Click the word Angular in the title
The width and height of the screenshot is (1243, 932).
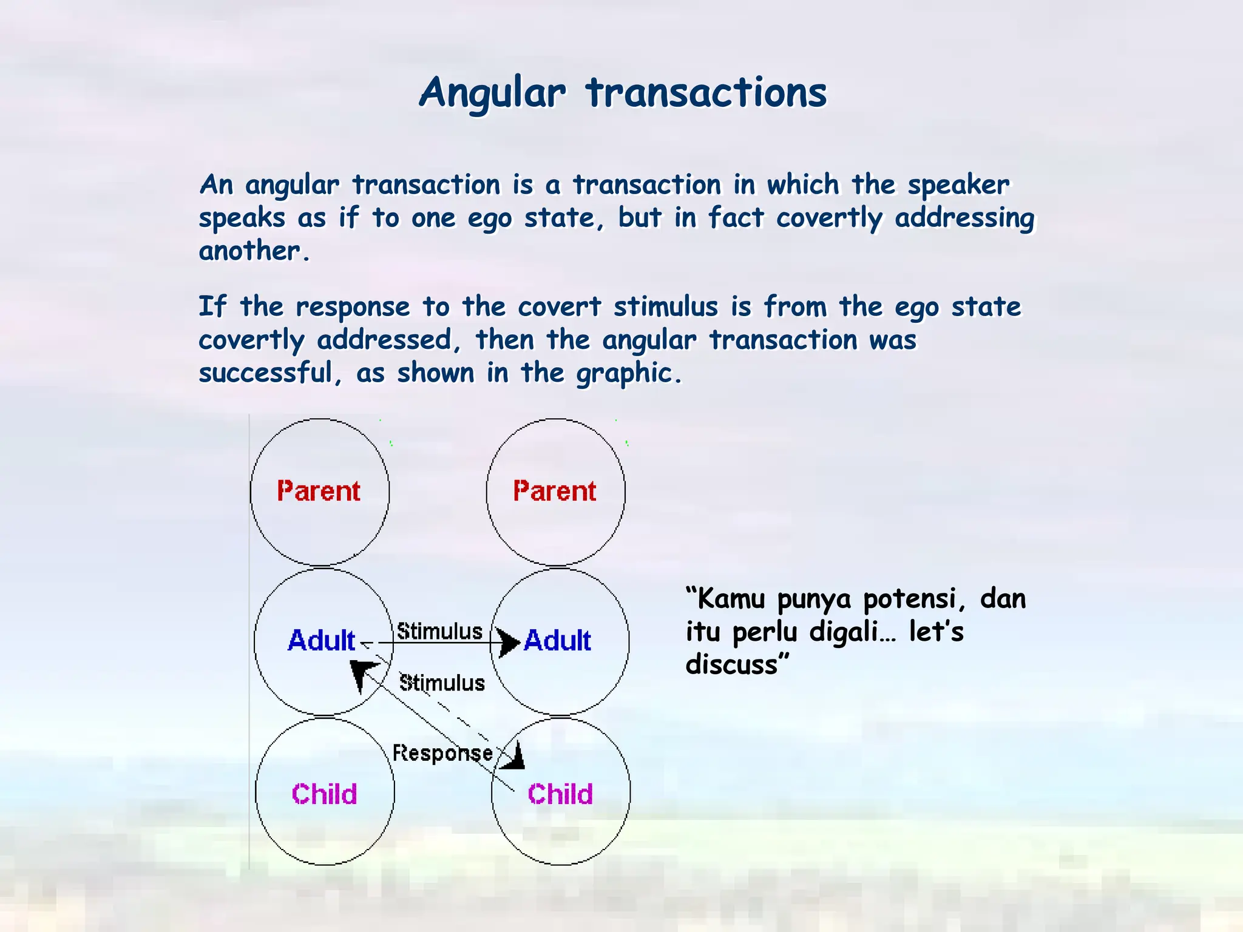coord(492,94)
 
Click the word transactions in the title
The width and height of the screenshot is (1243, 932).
coord(706,94)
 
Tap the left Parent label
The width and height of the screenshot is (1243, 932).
coord(319,491)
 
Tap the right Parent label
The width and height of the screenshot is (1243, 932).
coord(555,491)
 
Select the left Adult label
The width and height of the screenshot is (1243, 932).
coord(322,641)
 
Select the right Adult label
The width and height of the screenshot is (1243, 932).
coord(558,641)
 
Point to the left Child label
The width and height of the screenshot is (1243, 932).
coord(324,794)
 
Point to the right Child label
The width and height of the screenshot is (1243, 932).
coord(560,794)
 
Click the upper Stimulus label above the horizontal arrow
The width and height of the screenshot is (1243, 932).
coord(439,631)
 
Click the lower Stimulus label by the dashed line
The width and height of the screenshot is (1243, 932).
coord(442,683)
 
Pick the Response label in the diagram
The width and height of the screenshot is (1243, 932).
coord(442,753)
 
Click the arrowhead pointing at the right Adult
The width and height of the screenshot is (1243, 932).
coord(509,642)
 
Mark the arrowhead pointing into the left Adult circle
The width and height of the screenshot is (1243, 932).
coord(362,674)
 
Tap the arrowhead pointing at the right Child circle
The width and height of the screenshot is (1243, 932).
coord(514,757)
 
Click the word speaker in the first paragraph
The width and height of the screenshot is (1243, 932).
coord(959,185)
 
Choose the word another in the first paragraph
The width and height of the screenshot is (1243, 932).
coord(250,251)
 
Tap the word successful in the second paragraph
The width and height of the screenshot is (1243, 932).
coord(266,373)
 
